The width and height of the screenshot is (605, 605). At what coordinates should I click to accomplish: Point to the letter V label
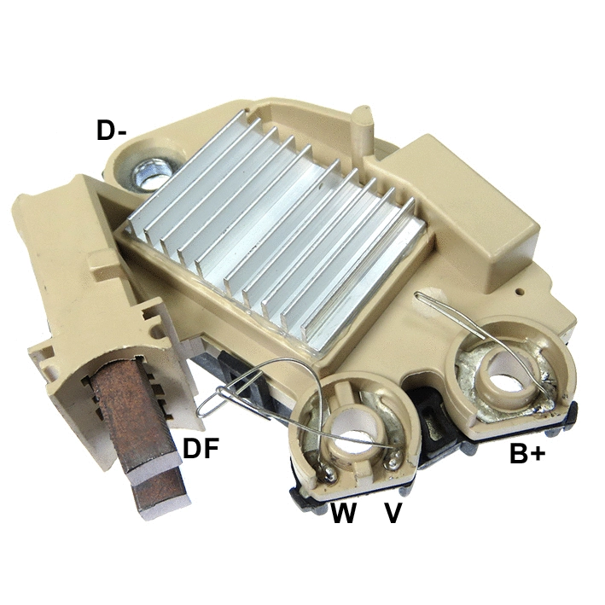point(393,513)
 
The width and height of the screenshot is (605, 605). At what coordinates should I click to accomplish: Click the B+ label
point(526,454)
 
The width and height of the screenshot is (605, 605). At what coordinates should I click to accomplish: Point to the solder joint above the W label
point(324,468)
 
